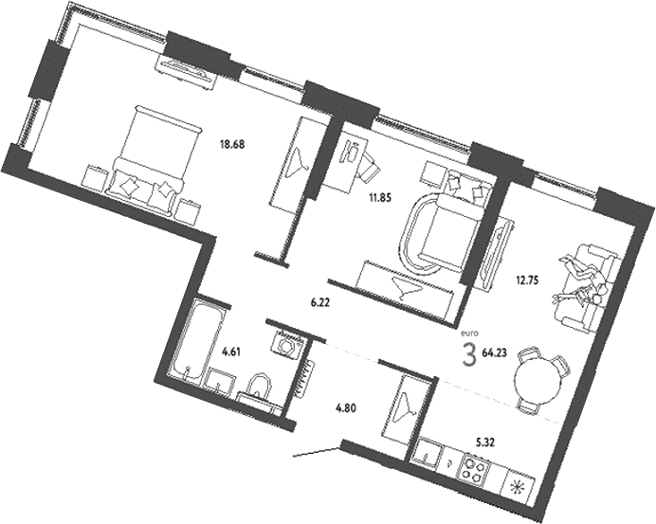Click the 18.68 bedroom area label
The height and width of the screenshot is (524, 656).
coord(233,145)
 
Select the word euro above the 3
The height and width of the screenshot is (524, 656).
coord(468,333)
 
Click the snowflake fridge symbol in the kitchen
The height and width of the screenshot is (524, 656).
coord(519,488)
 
